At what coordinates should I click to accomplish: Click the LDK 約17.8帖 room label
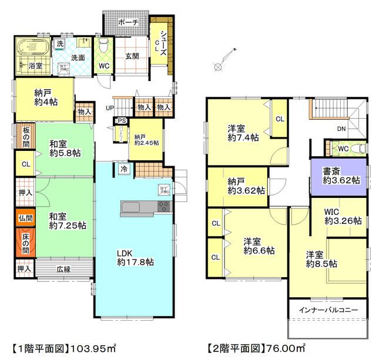click(x=135, y=258)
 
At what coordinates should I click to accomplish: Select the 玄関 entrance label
click(x=132, y=56)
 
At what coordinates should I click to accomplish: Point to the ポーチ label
click(x=127, y=22)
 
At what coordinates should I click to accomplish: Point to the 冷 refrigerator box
click(x=125, y=169)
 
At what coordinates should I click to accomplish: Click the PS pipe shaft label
click(x=122, y=122)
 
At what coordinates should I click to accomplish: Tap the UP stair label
click(x=109, y=108)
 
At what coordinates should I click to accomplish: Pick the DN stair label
click(x=341, y=129)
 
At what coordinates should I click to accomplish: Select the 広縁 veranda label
click(x=63, y=269)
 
